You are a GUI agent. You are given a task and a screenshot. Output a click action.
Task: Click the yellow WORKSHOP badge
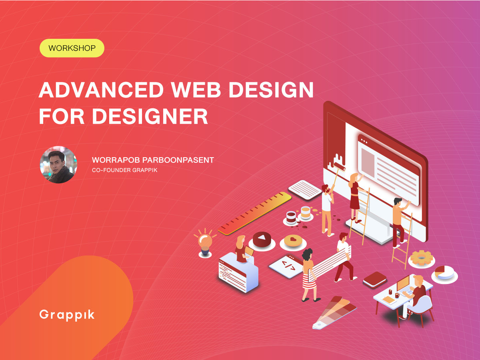pyautogui.click(x=72, y=48)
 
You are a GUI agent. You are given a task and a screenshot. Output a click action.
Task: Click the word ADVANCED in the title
pyautogui.click(x=101, y=90)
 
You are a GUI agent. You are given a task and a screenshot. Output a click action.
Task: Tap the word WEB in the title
pyautogui.click(x=196, y=90)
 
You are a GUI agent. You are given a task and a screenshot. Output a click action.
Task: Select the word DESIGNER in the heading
pyautogui.click(x=150, y=116)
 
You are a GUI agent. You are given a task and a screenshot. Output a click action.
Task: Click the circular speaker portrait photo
pyautogui.click(x=58, y=164)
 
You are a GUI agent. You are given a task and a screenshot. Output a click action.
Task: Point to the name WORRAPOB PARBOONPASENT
pyautogui.click(x=153, y=160)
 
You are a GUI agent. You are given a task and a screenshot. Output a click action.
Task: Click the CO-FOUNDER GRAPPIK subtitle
pyautogui.click(x=125, y=170)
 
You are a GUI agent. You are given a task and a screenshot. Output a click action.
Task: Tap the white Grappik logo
pyautogui.click(x=67, y=315)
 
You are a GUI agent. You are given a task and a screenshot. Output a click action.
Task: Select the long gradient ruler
pyautogui.click(x=255, y=213)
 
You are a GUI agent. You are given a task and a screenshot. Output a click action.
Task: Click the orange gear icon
pyautogui.click(x=421, y=258)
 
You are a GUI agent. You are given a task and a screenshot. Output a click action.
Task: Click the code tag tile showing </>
pyautogui.click(x=287, y=266)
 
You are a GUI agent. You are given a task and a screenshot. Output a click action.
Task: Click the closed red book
pyautogui.click(x=375, y=279)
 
